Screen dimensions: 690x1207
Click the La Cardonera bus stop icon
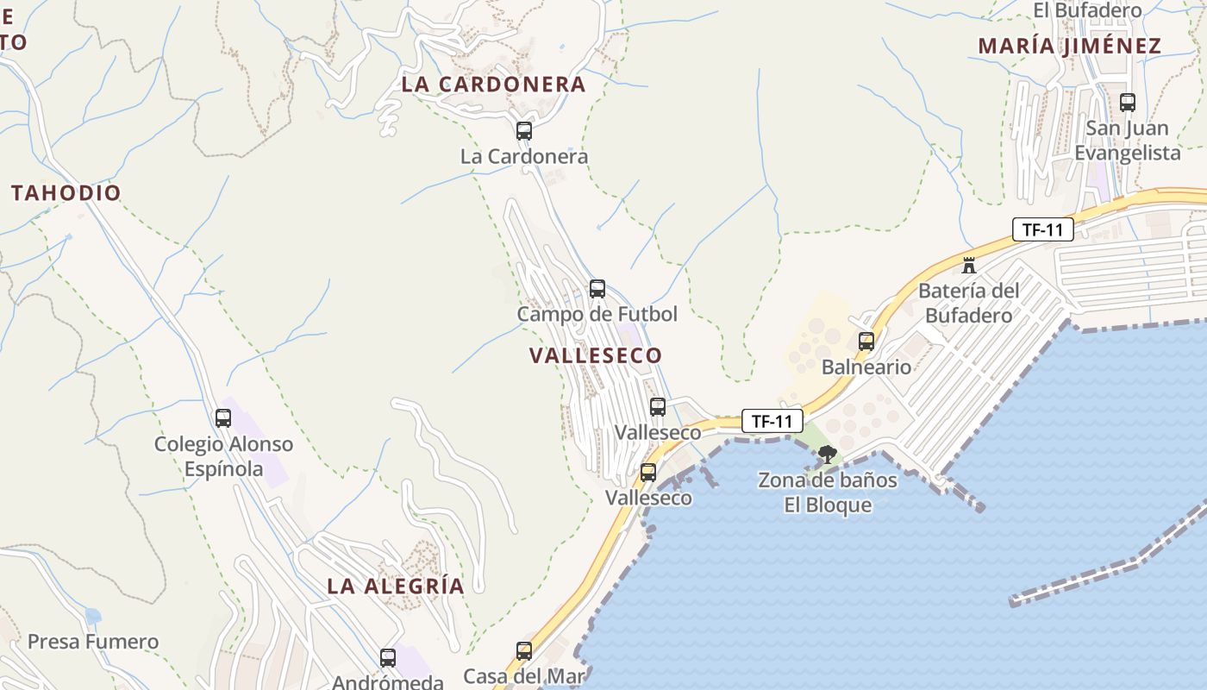click(523, 131)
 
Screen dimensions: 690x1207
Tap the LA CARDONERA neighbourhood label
click(493, 85)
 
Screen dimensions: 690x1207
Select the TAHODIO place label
click(66, 192)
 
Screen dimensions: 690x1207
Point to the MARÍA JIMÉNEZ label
click(1069, 47)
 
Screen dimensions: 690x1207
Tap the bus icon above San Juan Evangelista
click(1127, 103)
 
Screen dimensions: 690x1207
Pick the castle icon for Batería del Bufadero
click(969, 265)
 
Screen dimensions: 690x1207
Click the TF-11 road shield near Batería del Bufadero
click(1043, 229)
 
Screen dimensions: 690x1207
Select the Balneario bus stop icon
click(866, 342)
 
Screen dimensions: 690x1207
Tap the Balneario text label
click(866, 367)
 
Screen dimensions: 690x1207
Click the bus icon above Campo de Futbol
click(597, 289)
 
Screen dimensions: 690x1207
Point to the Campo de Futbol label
click(597, 314)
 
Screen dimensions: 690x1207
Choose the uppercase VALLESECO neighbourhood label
click(596, 355)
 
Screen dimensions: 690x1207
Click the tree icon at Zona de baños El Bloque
click(828, 455)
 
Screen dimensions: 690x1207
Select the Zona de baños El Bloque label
click(828, 492)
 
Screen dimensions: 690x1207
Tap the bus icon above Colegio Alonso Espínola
click(223, 418)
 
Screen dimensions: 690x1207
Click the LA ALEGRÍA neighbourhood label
click(395, 586)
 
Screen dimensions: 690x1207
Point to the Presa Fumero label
click(93, 642)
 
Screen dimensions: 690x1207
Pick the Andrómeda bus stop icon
click(388, 658)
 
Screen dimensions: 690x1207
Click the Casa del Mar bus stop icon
click(524, 651)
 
